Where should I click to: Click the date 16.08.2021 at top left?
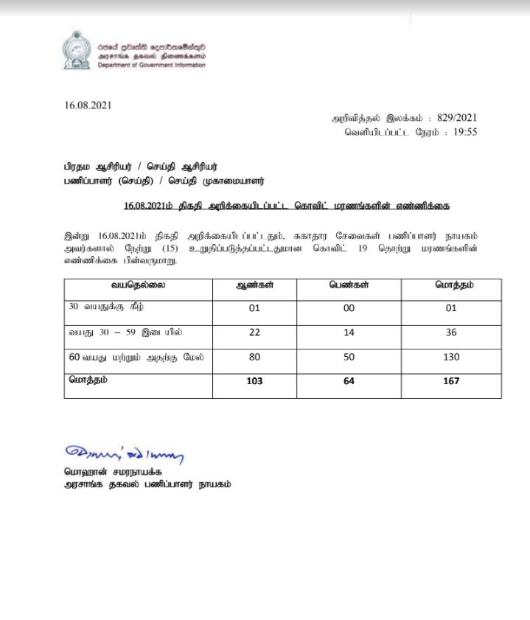point(88,105)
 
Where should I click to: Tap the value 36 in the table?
point(452,332)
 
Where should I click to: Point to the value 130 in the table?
point(452,357)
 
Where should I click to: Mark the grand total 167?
point(452,381)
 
